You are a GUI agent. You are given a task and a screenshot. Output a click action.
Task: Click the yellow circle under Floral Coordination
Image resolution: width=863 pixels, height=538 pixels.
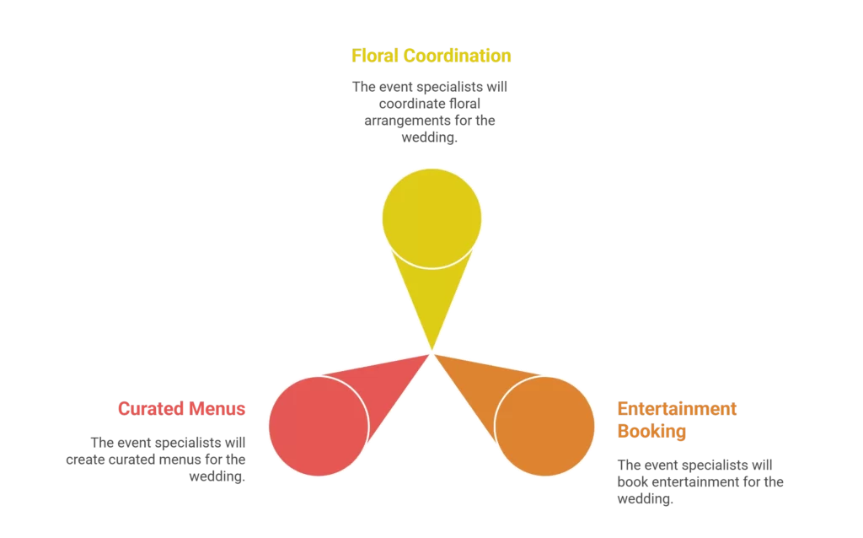pyautogui.click(x=431, y=218)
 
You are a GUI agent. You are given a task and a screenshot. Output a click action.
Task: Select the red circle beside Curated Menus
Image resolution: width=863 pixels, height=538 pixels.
pyautogui.click(x=318, y=425)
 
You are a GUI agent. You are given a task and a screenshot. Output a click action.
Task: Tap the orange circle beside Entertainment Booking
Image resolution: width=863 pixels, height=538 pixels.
pyautogui.click(x=545, y=425)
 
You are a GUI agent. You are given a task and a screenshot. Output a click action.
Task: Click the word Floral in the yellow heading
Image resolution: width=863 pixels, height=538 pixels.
pyautogui.click(x=374, y=56)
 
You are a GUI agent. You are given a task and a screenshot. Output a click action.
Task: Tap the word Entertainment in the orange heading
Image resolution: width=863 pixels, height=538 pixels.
pyautogui.click(x=677, y=409)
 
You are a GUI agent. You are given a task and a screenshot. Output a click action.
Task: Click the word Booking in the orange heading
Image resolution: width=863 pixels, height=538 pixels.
pyautogui.click(x=651, y=432)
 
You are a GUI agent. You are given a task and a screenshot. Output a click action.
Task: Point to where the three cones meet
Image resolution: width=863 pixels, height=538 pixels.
pyautogui.click(x=432, y=352)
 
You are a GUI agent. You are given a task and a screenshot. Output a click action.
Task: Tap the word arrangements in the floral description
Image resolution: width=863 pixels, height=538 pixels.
pyautogui.click(x=408, y=121)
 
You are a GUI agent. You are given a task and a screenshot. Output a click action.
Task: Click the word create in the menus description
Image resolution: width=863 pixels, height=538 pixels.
pyautogui.click(x=86, y=460)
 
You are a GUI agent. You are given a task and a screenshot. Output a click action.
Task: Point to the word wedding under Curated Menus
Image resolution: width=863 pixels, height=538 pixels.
pyautogui.click(x=217, y=476)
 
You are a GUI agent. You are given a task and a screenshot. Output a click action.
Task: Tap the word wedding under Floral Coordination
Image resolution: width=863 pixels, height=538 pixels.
pyautogui.click(x=430, y=138)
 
